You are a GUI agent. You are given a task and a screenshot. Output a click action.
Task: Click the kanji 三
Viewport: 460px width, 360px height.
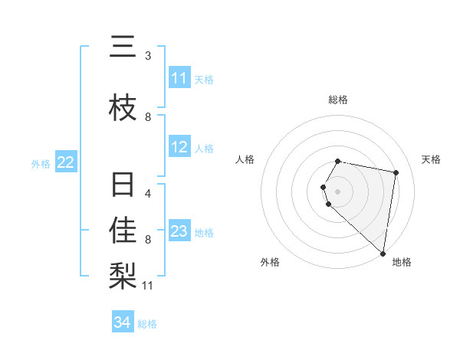[x=123, y=47]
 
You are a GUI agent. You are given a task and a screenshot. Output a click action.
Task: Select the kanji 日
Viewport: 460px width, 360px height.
[x=123, y=186]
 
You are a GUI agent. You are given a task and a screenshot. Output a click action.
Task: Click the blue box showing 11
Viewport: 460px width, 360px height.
[x=179, y=78]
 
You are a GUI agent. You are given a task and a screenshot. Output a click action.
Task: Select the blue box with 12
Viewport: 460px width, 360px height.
[x=179, y=148]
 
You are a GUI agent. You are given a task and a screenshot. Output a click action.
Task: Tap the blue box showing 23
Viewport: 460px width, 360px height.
[x=179, y=231]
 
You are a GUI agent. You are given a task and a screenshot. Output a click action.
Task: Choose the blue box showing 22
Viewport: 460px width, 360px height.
[x=65, y=162]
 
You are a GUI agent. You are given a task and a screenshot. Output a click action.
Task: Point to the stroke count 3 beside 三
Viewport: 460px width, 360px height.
[x=148, y=55]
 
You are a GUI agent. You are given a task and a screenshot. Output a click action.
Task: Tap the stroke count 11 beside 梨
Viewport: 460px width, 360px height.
[x=148, y=286]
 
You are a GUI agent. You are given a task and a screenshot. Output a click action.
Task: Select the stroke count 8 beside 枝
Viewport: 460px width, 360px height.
[x=148, y=117]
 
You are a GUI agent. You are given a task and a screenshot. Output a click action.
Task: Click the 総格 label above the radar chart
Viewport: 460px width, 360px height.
[x=338, y=100]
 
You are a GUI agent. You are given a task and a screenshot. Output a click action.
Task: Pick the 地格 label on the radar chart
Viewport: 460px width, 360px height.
[x=402, y=262]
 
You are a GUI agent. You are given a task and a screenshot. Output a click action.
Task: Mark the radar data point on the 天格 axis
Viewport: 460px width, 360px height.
[x=396, y=172]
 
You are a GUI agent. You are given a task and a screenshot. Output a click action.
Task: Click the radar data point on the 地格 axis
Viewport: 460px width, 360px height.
[x=383, y=254]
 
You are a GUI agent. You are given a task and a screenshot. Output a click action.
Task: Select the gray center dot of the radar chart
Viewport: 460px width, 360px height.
[x=338, y=191]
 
